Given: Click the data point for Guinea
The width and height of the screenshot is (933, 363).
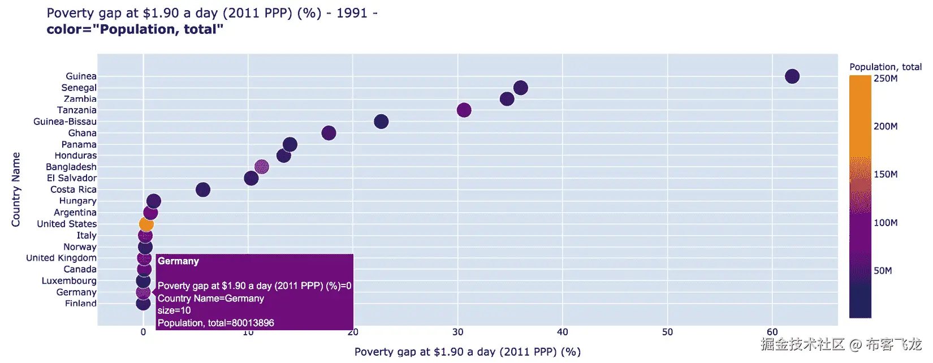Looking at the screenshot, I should [792, 76].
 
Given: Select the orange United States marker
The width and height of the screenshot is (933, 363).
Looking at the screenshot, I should [146, 224].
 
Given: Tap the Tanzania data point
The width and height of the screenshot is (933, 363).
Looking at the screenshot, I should [464, 110].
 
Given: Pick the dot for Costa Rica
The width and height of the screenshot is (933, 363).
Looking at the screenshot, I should [203, 190].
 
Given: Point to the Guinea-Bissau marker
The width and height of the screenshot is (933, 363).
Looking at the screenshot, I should [381, 122].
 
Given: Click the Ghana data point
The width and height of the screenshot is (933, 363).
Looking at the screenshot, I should [329, 133].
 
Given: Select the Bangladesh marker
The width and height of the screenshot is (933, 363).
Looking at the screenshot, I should [261, 167].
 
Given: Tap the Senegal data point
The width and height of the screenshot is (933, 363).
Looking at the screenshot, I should [521, 88].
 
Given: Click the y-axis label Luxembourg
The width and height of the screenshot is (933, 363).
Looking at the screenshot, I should [69, 281].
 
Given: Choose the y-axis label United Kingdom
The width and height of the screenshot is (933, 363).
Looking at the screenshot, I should [61, 258].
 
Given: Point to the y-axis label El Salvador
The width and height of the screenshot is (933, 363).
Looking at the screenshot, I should [71, 178].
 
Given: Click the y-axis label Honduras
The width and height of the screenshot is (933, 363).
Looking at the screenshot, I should [75, 155].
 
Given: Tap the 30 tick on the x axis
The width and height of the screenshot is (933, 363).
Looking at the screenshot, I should [457, 332].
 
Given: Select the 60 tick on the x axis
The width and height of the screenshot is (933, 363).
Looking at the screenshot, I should [772, 332].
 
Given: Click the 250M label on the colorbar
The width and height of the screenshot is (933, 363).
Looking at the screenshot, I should [886, 79].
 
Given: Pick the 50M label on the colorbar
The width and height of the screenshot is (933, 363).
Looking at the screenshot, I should [883, 271].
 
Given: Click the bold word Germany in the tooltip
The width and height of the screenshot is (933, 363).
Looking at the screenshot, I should [178, 261].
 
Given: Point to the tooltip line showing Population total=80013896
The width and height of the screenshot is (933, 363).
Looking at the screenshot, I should [215, 323].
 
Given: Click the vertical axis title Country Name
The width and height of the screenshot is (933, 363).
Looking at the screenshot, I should [16, 189].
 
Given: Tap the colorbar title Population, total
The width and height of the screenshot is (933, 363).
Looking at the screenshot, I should [885, 67].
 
